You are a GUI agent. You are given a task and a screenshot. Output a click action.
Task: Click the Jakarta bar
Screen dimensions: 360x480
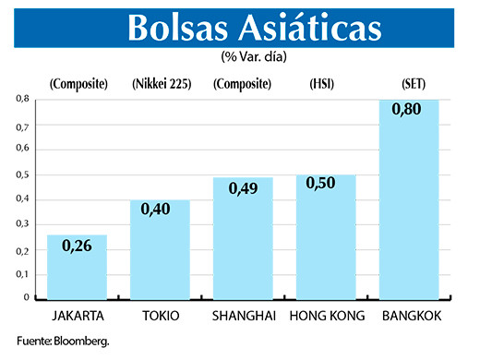click(x=77, y=268)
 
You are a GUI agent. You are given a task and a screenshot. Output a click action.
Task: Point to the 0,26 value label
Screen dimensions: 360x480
click(x=77, y=246)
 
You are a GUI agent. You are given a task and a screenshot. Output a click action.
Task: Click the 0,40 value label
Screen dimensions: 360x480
click(x=160, y=211)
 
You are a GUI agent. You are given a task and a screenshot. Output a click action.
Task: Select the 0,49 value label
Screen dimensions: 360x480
click(x=243, y=189)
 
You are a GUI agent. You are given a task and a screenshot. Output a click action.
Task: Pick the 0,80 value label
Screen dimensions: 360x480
click(x=408, y=110)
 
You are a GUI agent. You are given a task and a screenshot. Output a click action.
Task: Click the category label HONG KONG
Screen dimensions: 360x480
click(x=326, y=316)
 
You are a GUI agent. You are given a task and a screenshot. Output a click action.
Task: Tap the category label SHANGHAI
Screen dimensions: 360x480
click(x=243, y=316)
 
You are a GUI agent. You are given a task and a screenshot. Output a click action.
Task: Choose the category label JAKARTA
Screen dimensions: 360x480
click(x=77, y=316)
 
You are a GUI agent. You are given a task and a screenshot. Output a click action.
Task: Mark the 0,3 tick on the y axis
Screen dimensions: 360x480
click(x=22, y=224)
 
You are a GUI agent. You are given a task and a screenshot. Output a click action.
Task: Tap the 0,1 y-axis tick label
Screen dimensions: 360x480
click(x=22, y=275)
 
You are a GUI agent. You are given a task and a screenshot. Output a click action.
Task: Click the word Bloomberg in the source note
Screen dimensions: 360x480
click(x=78, y=342)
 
